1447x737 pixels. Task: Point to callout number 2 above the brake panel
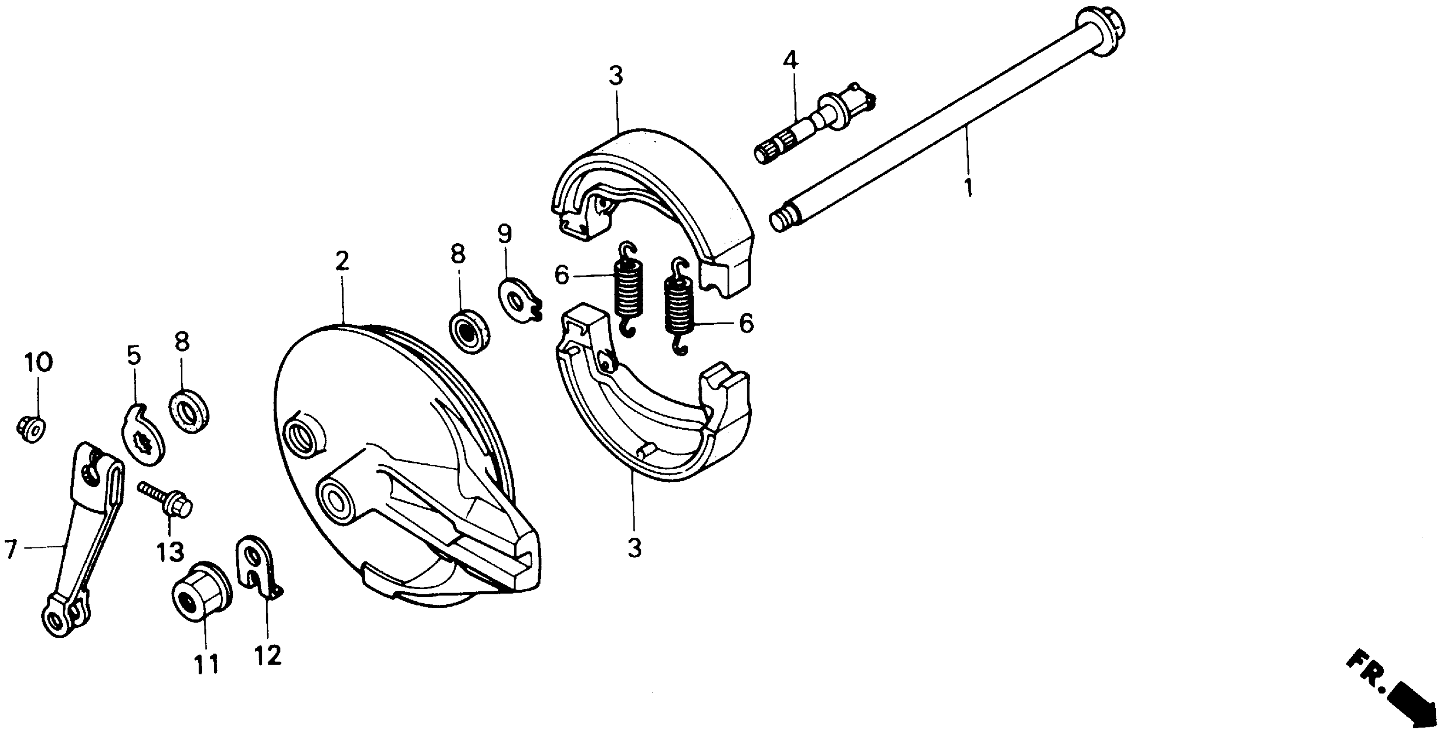pos(342,261)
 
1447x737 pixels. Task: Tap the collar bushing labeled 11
pos(200,590)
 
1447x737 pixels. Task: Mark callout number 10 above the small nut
pos(38,363)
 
